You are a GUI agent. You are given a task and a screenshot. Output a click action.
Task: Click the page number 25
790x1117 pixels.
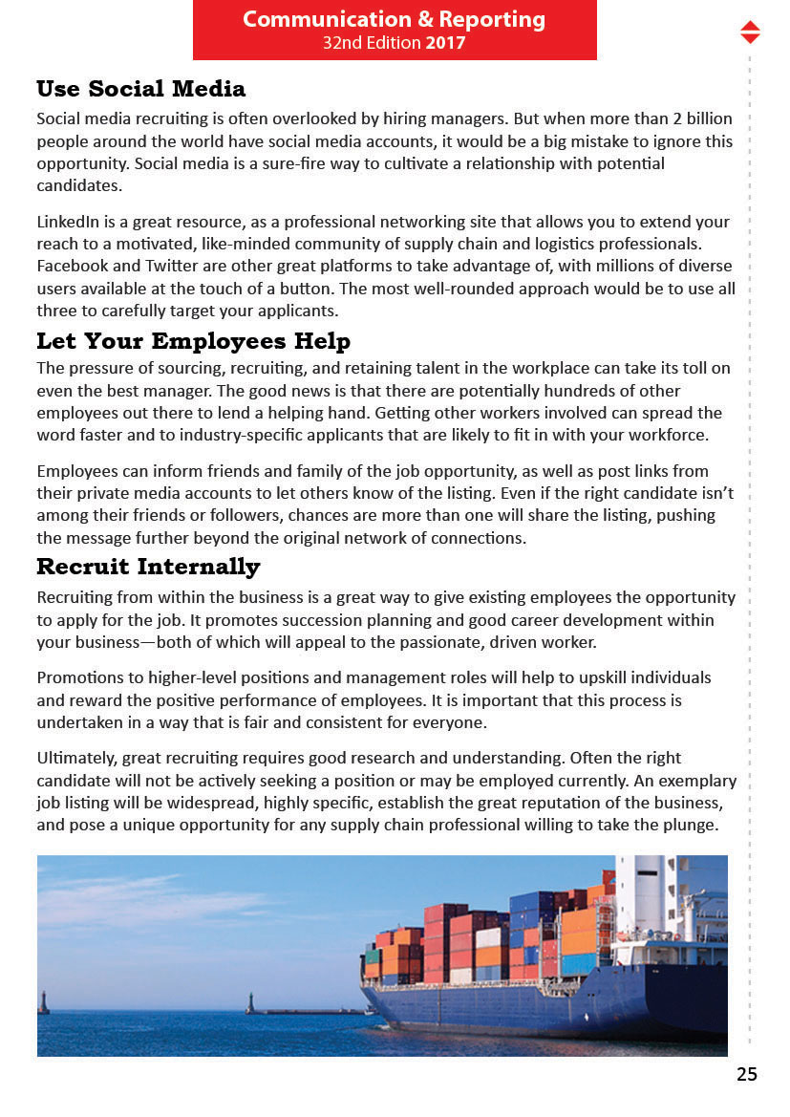point(747,1074)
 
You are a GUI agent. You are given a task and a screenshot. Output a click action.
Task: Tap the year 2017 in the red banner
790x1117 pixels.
point(445,43)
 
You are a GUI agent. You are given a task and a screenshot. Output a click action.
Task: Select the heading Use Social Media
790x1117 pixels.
point(140,89)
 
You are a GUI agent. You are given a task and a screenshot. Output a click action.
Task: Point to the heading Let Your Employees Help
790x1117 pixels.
point(193,341)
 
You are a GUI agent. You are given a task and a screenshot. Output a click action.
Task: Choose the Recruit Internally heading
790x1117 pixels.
point(148,567)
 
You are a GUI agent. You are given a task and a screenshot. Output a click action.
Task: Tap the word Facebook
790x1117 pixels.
point(71,266)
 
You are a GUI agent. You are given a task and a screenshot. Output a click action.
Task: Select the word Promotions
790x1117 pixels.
point(79,677)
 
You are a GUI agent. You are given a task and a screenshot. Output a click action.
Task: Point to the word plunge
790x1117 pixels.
point(691,825)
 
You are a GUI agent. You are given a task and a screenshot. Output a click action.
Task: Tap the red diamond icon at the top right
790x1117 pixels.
point(750,32)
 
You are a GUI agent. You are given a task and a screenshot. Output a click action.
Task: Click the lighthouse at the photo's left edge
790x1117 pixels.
point(42,1002)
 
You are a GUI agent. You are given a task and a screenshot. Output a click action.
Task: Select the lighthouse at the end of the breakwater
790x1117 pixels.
point(250,1002)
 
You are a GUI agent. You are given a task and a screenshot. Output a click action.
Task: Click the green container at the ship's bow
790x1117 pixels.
point(373,956)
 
